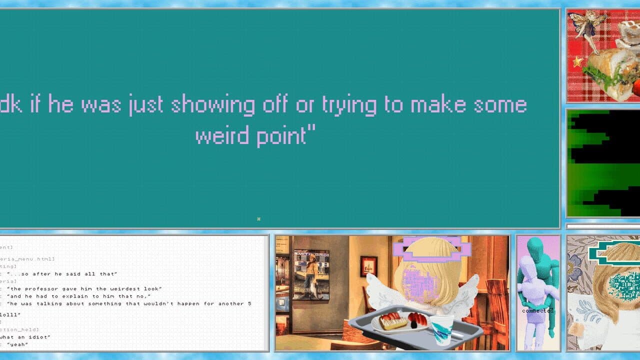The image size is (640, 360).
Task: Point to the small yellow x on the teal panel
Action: (258, 218)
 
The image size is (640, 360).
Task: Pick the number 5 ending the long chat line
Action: (249, 303)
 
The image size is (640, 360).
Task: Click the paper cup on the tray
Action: (441, 329)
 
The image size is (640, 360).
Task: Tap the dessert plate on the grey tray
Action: (400, 322)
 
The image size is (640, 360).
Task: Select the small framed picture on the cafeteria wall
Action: (368, 266)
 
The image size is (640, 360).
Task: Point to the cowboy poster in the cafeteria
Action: (311, 274)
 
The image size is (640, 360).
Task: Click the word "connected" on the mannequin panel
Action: (538, 310)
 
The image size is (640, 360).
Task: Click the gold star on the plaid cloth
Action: (578, 61)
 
